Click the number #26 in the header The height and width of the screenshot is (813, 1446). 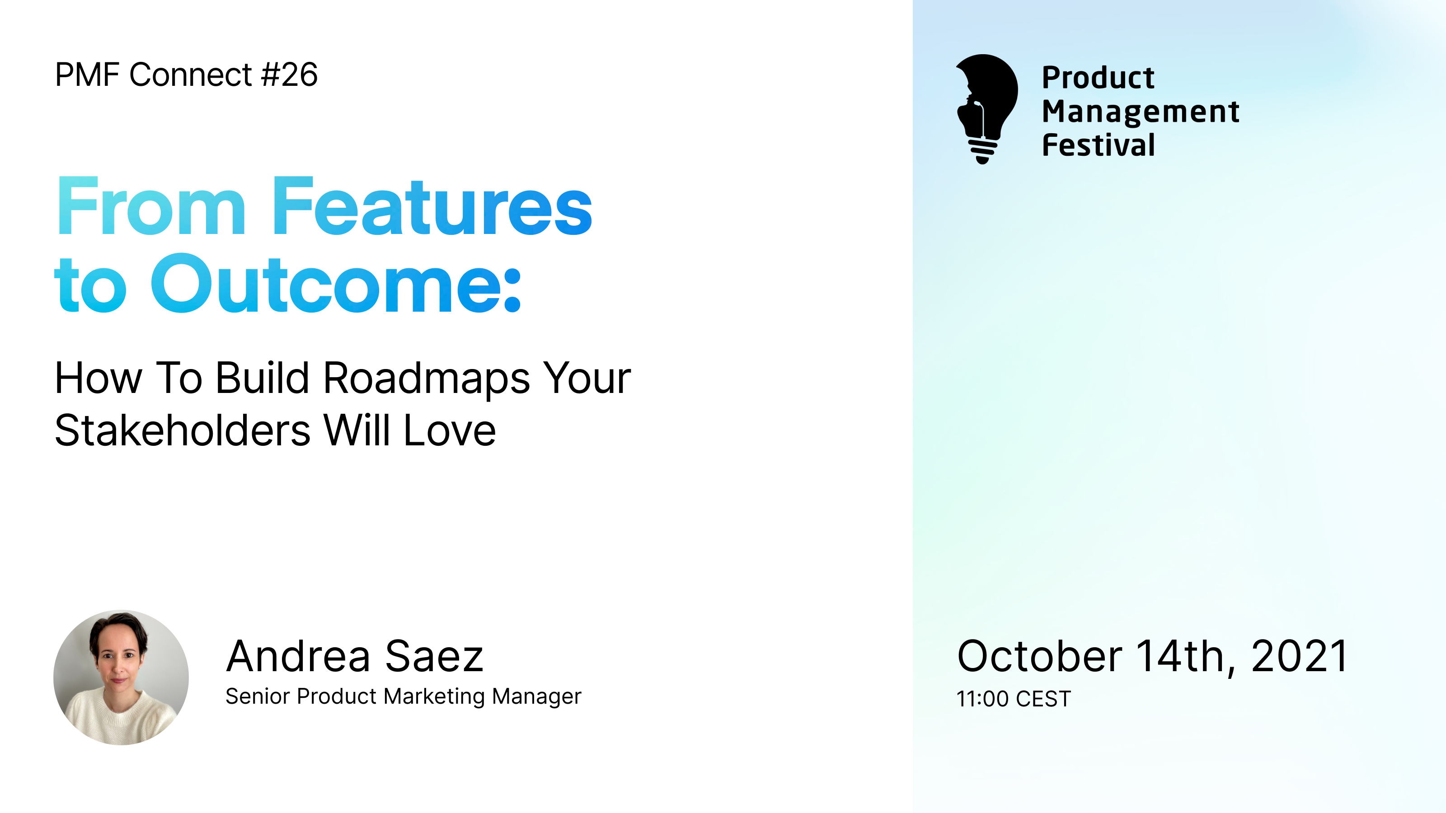[x=290, y=75]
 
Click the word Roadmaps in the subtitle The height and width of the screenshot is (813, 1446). [x=427, y=378]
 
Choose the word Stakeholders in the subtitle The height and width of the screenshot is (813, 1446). [x=183, y=430]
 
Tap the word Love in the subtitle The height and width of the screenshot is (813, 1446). [x=450, y=430]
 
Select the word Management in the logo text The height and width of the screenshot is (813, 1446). [x=1140, y=111]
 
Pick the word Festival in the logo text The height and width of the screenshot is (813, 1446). [x=1098, y=145]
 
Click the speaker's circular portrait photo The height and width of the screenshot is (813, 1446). [x=121, y=677]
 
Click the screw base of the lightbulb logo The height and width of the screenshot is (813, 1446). [x=982, y=150]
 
